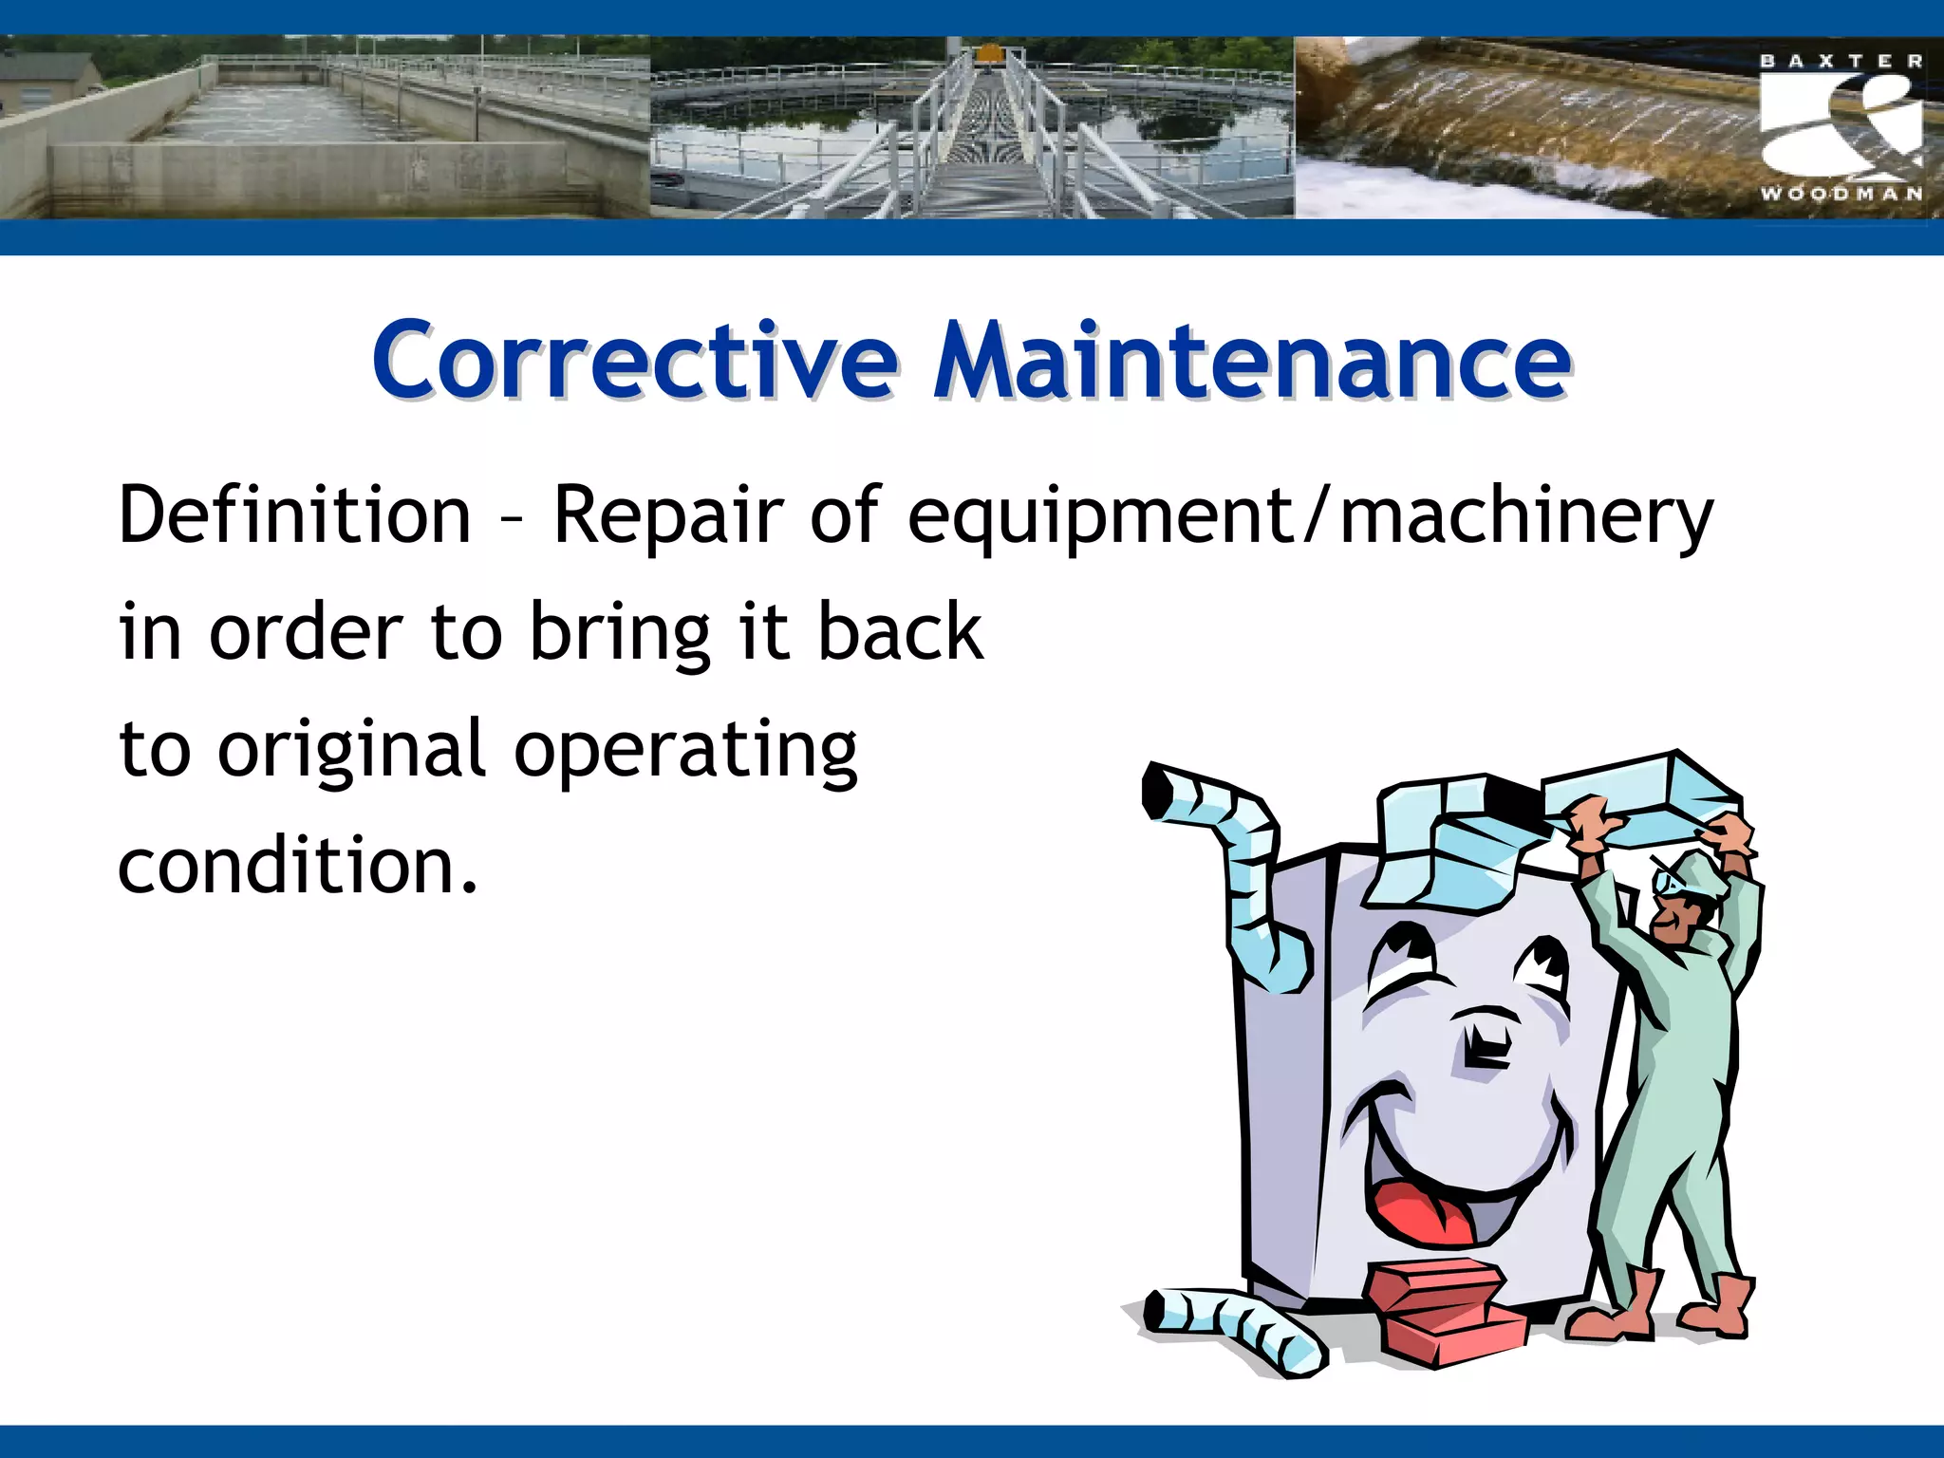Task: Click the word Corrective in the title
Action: point(634,362)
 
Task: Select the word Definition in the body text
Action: point(294,515)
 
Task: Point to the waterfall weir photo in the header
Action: point(1519,128)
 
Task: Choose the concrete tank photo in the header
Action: point(323,128)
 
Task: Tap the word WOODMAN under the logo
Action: point(1841,194)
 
